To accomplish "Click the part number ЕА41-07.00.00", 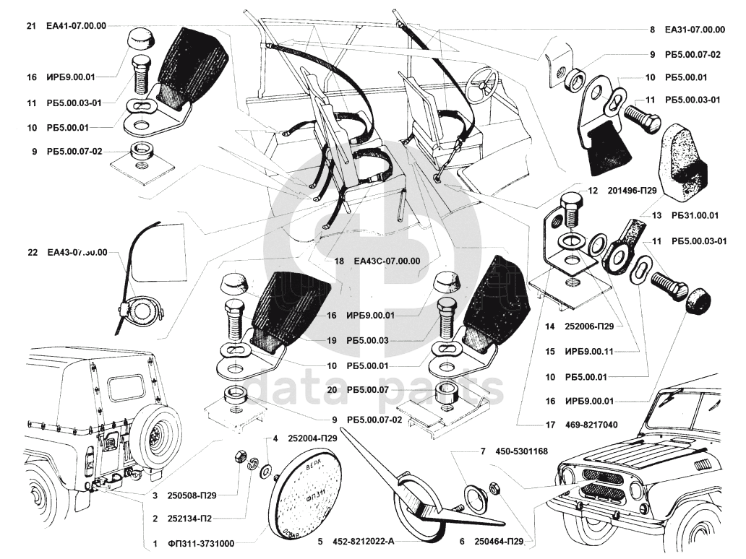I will [x=76, y=25].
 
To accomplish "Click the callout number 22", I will [x=31, y=253].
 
